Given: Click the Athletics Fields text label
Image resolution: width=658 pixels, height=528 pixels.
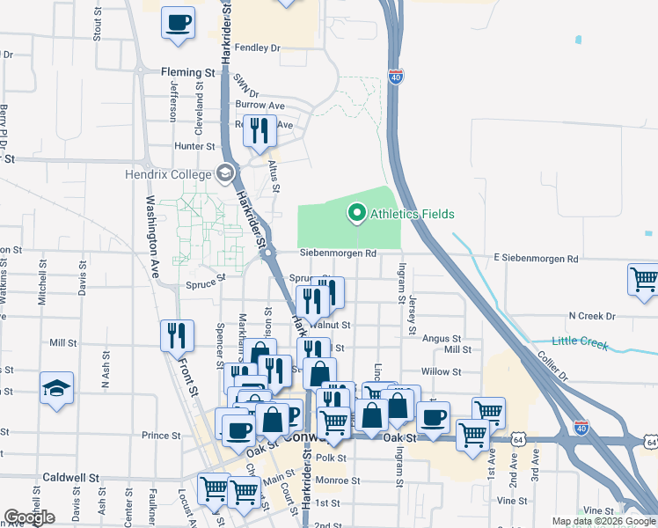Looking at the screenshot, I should (412, 214).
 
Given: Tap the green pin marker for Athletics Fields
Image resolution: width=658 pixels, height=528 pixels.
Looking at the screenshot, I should (357, 212).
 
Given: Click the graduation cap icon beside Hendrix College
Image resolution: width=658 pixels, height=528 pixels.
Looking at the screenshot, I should (225, 173).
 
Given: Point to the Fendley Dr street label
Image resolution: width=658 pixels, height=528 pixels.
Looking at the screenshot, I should (257, 48).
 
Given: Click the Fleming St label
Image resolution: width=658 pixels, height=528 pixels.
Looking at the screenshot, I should (187, 72).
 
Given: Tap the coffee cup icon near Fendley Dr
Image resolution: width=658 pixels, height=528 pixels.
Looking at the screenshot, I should (178, 23).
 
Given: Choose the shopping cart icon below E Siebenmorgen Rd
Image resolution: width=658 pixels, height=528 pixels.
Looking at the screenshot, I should (644, 280).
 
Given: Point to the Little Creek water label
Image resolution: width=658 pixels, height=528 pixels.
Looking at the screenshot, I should (580, 341).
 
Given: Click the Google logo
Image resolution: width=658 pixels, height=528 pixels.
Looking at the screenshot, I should (29, 517).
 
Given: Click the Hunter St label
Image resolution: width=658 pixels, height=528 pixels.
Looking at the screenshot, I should (194, 146).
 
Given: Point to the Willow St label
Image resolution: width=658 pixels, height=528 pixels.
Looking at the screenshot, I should (441, 372).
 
